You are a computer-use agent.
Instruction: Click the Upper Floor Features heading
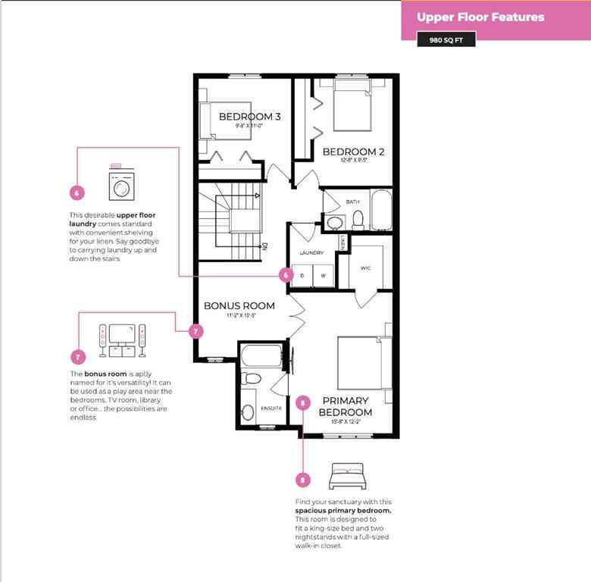[x=480, y=17]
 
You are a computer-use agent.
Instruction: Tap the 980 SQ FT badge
[x=446, y=39]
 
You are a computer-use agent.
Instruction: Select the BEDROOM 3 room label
[x=239, y=117]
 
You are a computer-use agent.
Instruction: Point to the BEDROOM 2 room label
[x=354, y=152]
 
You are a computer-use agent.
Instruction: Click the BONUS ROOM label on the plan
[x=239, y=306]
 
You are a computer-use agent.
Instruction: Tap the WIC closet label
[x=364, y=268]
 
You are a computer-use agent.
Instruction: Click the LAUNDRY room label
[x=311, y=252]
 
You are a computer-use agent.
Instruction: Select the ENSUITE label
[x=271, y=408]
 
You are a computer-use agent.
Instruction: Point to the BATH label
[x=353, y=202]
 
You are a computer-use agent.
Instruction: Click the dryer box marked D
[x=302, y=275]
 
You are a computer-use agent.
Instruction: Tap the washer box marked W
[x=323, y=275]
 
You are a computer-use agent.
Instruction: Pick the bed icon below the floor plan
[x=347, y=477]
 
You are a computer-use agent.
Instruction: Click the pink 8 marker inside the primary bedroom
[x=303, y=402]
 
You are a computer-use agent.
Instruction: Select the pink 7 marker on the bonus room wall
[x=195, y=331]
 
